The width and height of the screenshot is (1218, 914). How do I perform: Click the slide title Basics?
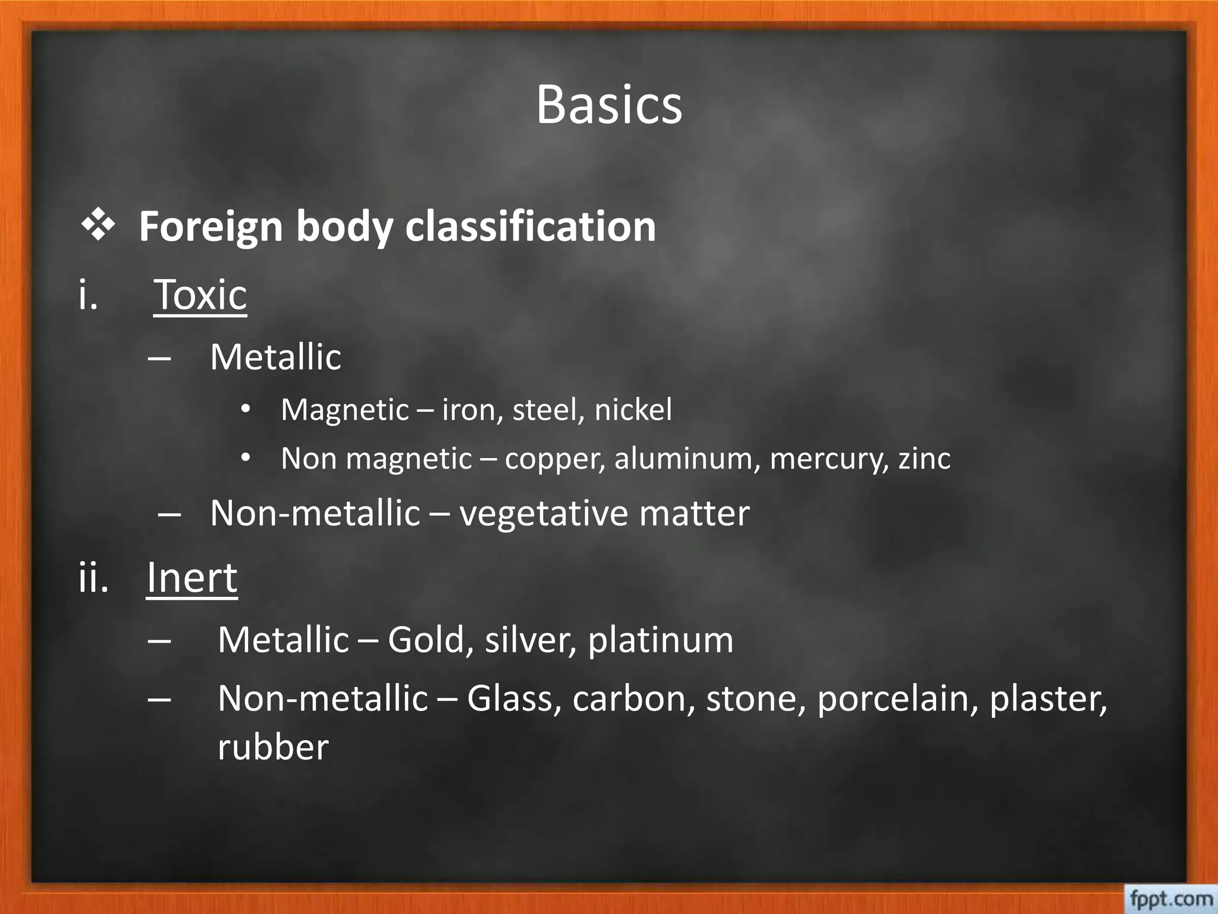click(609, 105)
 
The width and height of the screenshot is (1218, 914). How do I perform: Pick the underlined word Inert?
click(192, 577)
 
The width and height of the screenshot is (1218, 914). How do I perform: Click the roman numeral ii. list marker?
click(93, 577)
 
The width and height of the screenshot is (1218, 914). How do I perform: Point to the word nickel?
click(633, 410)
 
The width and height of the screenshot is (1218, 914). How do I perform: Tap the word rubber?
click(273, 747)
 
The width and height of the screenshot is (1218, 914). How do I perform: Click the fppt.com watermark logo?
click(1170, 899)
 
